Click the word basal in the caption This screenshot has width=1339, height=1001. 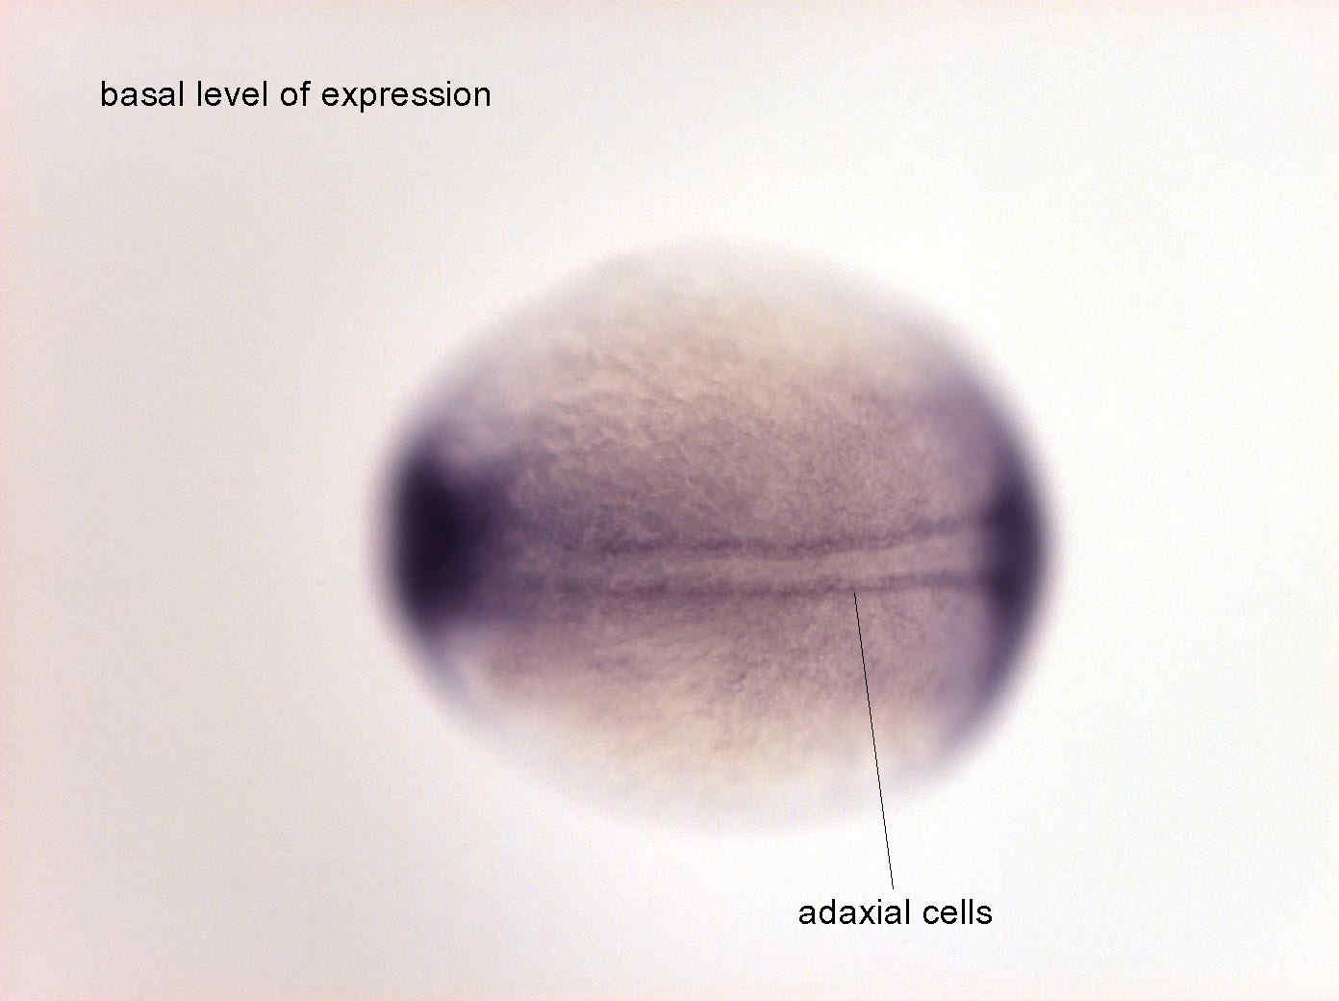(x=141, y=94)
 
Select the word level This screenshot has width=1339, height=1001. (x=232, y=94)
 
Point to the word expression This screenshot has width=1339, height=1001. (x=406, y=97)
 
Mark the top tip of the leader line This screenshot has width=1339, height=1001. (x=854, y=591)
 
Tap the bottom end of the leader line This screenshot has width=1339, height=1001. (x=894, y=889)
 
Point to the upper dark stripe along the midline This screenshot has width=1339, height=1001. (x=763, y=538)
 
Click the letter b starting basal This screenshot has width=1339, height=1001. (x=109, y=94)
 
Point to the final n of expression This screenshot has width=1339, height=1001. (x=482, y=97)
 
